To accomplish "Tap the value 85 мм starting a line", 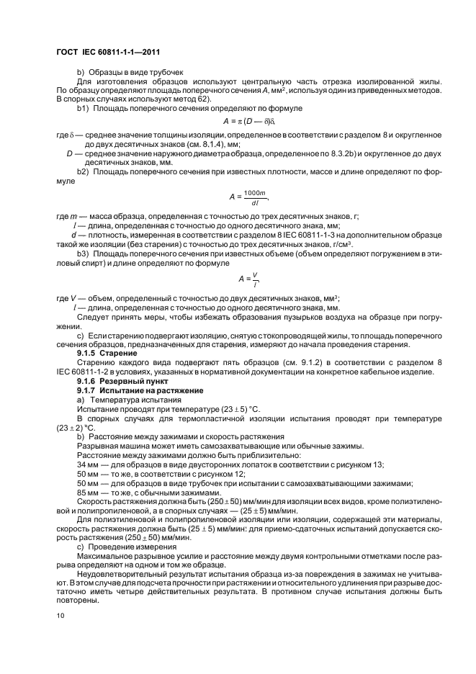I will [x=89, y=482].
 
